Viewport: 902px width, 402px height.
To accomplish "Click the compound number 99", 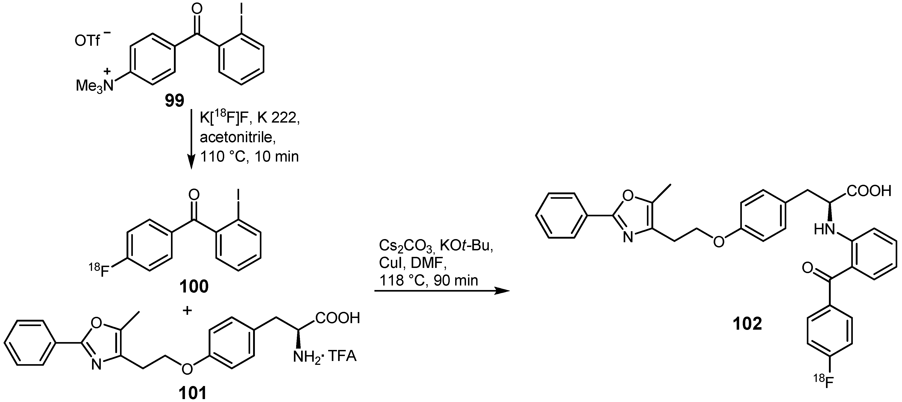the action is [174, 101].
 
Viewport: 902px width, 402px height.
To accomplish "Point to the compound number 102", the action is [747, 324].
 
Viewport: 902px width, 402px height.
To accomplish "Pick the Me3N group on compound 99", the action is [95, 84].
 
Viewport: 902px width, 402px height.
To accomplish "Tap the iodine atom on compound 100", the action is [238, 194].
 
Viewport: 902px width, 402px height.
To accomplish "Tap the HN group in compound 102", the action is [824, 230].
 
